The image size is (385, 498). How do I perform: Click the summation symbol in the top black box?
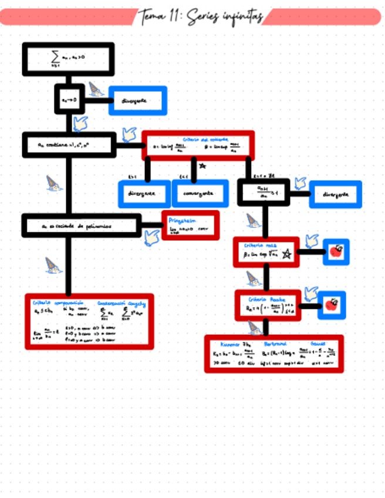[55, 58]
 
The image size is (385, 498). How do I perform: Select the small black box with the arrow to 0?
[69, 100]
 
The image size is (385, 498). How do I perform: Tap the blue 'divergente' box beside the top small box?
[138, 100]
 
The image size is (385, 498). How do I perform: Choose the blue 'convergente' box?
[200, 194]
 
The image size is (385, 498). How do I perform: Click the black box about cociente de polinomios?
[81, 226]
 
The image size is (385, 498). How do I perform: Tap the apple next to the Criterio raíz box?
[336, 252]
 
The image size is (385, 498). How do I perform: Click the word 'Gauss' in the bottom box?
[318, 344]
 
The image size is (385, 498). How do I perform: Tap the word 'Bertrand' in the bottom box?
[274, 344]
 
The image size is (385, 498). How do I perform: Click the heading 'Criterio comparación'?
[57, 303]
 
